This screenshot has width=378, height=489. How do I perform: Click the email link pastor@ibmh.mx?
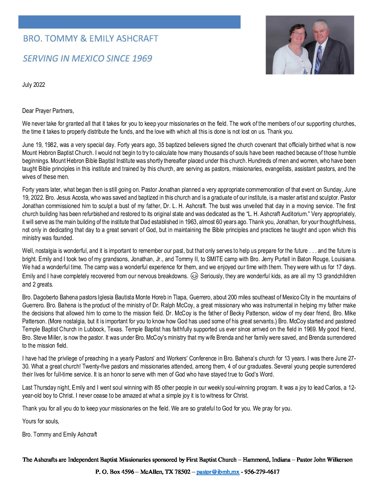(x=217, y=472)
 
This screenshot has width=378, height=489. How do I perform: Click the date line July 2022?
(x=34, y=85)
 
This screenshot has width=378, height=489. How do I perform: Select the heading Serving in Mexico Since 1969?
(x=87, y=58)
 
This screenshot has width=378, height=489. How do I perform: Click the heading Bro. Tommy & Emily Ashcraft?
(x=91, y=39)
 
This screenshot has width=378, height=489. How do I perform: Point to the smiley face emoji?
(x=195, y=276)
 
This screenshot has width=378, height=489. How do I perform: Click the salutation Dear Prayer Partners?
(x=48, y=111)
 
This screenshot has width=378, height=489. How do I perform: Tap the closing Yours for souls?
(x=41, y=421)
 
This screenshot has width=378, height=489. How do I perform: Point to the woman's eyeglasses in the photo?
(x=298, y=34)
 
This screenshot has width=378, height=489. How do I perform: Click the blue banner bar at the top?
(x=129, y=22)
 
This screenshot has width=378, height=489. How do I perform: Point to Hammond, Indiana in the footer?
(x=266, y=459)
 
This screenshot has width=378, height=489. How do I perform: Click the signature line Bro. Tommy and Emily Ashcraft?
(x=59, y=434)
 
